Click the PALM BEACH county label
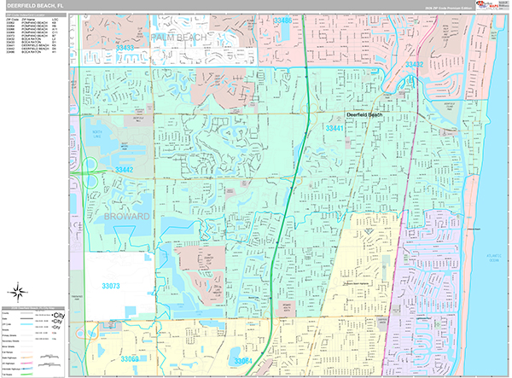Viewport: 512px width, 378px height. point(180,38)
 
